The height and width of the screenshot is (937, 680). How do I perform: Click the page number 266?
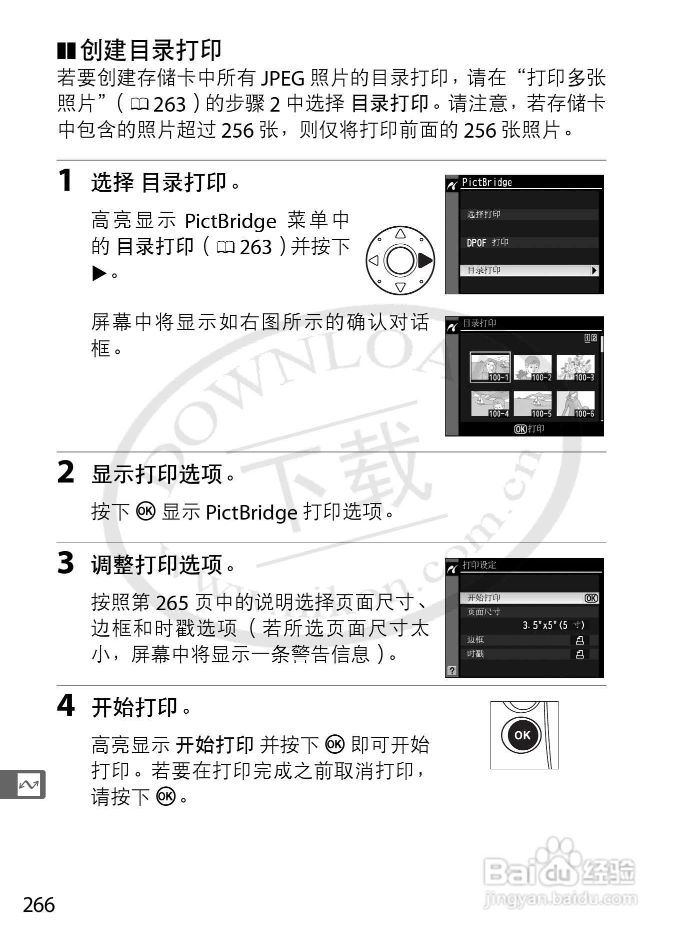(x=38, y=904)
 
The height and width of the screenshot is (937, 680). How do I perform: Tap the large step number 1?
(x=65, y=180)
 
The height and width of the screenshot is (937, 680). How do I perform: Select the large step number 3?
(x=65, y=563)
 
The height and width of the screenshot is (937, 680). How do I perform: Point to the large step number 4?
(x=65, y=705)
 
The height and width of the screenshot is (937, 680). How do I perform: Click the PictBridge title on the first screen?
(x=486, y=182)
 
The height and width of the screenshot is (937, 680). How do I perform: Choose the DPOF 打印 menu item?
(x=487, y=243)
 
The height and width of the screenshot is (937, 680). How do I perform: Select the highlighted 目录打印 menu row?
(x=529, y=270)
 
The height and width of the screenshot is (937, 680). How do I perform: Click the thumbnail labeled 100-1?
(x=490, y=367)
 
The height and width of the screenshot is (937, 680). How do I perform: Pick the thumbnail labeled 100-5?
(x=532, y=404)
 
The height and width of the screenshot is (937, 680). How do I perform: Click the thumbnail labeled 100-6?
(x=575, y=404)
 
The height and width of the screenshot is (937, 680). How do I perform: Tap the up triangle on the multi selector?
(x=400, y=233)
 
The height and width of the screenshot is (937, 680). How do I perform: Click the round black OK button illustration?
(x=522, y=735)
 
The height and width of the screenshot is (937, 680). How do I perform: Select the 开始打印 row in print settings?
(x=529, y=598)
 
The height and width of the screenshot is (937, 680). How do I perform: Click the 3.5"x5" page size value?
(x=553, y=625)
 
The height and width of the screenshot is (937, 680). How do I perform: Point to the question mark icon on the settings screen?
(x=452, y=671)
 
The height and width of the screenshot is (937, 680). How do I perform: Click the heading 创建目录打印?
(x=151, y=50)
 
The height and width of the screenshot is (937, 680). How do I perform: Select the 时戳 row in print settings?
(x=529, y=654)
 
